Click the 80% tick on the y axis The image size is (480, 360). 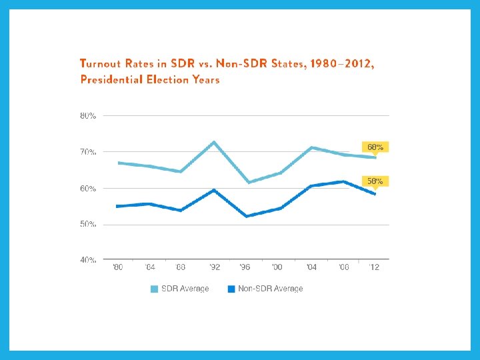[88, 116]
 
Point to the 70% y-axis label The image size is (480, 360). [88, 152]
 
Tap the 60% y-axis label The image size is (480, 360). [88, 189]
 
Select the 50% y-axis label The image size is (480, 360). [88, 225]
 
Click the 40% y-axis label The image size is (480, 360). [88, 260]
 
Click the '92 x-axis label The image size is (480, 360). [213, 268]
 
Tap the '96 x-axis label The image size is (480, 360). [245, 268]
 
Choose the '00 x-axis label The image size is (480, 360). [277, 268]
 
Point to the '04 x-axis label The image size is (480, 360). [311, 268]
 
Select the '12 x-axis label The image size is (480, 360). [375, 268]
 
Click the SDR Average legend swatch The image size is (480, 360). [154, 289]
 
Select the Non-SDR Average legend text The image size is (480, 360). [271, 289]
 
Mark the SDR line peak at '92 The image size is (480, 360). [213, 142]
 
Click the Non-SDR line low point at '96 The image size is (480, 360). [246, 216]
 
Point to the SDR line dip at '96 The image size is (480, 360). [247, 182]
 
